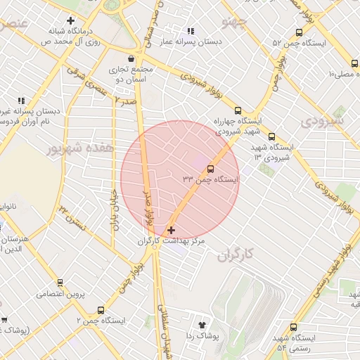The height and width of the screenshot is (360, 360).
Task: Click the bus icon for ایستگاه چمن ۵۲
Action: (300, 32)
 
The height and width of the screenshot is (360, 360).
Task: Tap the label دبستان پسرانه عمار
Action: (189, 43)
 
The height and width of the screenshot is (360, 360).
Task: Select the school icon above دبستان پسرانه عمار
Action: (190, 31)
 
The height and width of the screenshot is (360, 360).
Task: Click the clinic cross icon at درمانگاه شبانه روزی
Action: (72, 20)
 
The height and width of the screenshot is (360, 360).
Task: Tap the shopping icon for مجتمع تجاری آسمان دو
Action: (131, 58)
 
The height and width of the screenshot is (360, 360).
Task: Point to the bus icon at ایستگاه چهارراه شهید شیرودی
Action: (238, 110)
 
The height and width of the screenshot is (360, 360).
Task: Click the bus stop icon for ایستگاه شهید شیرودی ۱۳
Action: (271, 137)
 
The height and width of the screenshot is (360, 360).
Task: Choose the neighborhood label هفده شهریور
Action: (70, 149)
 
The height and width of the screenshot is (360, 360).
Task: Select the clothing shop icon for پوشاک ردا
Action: (203, 325)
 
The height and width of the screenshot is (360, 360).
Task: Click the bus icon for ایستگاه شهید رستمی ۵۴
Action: (294, 327)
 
